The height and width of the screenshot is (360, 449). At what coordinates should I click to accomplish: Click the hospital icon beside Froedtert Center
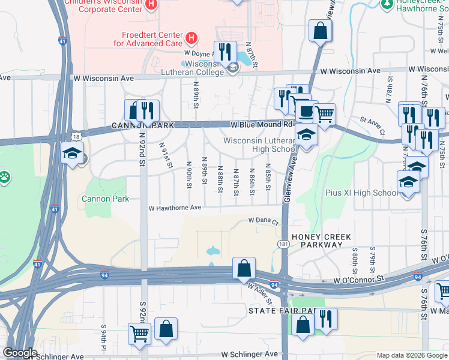191,39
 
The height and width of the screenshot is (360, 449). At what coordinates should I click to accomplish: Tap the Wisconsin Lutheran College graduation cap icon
232,70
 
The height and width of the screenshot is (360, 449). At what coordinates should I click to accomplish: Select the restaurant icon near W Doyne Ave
226,51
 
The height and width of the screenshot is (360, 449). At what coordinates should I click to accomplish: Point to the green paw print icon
5,177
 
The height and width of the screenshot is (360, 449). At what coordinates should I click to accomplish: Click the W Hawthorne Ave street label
175,208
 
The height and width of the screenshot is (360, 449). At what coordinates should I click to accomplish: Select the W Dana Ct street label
265,221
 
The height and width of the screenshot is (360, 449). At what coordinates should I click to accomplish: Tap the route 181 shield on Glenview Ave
283,244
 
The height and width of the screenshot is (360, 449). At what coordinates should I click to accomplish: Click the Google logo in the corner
20,353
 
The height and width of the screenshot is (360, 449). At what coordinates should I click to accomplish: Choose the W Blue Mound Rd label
262,125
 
